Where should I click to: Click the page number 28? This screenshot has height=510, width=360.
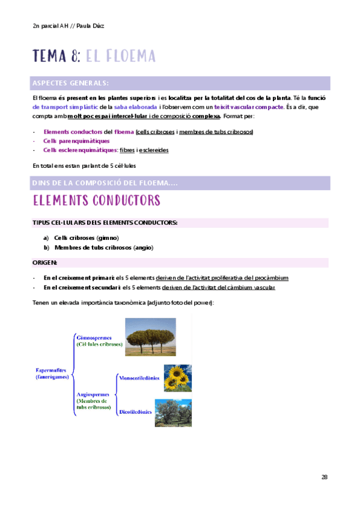[x=325, y=477]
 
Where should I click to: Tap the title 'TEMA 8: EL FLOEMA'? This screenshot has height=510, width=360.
[x=94, y=57]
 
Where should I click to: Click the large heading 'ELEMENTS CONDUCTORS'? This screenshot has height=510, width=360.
[x=96, y=200]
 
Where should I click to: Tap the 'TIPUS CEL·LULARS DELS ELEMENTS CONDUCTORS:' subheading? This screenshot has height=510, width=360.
[x=105, y=223]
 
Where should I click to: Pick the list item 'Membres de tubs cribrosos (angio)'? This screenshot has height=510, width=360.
[x=96, y=247]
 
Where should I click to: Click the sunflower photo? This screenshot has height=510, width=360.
[x=177, y=378]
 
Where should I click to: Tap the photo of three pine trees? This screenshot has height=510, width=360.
[x=150, y=337]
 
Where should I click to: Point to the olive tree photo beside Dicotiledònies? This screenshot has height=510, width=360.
[x=173, y=413]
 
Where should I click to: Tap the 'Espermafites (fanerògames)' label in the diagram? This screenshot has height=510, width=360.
[x=53, y=373]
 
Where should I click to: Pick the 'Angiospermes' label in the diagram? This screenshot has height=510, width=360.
[x=94, y=393]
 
